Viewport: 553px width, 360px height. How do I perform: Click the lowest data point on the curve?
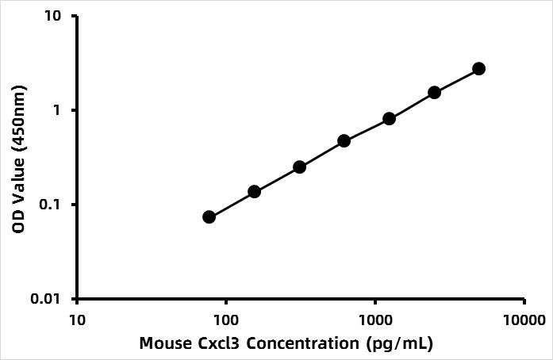[x=209, y=217]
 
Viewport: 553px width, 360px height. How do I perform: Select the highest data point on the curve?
[x=479, y=69]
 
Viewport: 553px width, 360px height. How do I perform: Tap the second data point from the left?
[x=254, y=192]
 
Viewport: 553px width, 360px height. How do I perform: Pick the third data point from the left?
[x=299, y=167]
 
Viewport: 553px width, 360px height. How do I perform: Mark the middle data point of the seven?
[x=344, y=141]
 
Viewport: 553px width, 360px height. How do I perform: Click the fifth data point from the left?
[x=389, y=119]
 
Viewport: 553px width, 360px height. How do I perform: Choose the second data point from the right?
[x=434, y=93]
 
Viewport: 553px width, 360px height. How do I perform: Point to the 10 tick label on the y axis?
[x=54, y=16]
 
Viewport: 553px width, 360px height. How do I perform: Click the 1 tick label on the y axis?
[x=56, y=110]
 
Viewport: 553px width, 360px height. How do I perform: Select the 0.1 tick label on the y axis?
[x=50, y=205]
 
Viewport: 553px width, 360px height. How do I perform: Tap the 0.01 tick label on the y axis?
[x=47, y=299]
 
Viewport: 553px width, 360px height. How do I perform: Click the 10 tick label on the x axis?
[x=77, y=320]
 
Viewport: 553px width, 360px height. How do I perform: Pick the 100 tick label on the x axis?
[x=226, y=320]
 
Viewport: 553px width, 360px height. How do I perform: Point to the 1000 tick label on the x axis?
[x=375, y=320]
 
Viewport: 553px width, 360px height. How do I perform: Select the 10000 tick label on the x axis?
[x=524, y=320]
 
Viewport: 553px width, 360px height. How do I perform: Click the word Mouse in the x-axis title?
[x=165, y=343]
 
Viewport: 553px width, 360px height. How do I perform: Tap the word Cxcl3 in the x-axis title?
[x=218, y=343]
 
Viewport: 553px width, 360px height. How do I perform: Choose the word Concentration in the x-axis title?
[x=303, y=343]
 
